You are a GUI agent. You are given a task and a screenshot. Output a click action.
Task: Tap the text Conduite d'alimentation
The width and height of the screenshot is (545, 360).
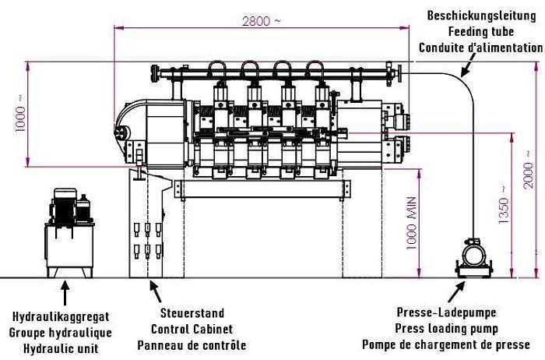coord(480,48)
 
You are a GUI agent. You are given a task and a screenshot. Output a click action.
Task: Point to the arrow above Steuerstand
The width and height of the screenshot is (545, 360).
coord(156,291)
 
